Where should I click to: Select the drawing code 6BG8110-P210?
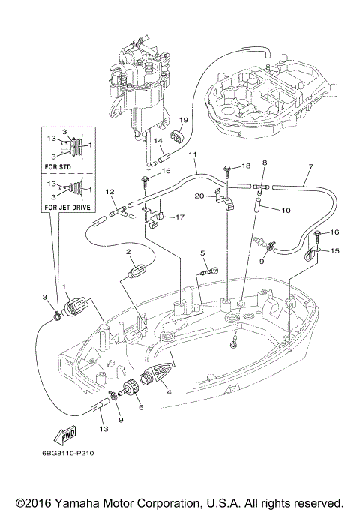68,453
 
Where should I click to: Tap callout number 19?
184,120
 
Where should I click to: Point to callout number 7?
310,166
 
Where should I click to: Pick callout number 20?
199,196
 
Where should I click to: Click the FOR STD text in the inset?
58,167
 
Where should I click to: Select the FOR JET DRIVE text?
67,207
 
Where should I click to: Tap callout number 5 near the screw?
202,253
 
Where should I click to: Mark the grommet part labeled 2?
136,271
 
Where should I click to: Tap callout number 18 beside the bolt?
246,166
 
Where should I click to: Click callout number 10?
286,211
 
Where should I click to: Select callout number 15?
334,251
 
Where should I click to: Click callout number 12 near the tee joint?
110,192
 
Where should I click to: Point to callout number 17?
180,217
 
